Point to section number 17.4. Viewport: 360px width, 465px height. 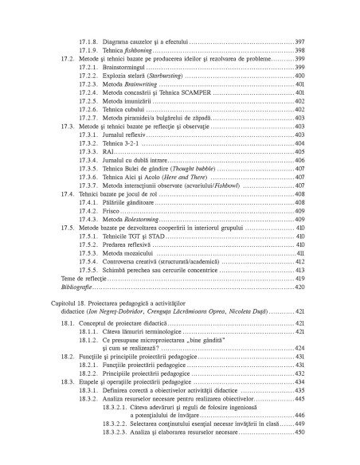[68, 194]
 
